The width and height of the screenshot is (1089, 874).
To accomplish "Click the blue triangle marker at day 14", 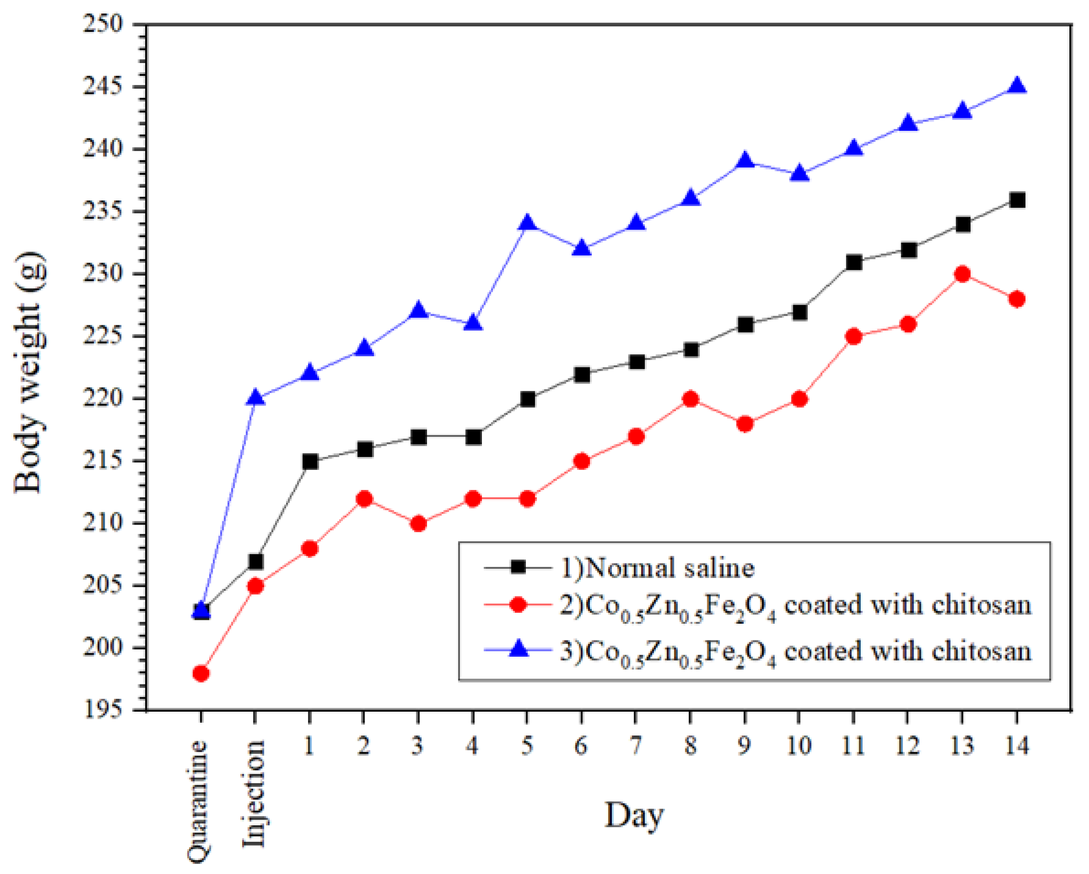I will pyautogui.click(x=1016, y=85).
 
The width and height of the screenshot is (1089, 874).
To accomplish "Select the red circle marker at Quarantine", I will pyautogui.click(x=201, y=673).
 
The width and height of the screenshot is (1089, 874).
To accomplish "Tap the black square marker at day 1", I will pyautogui.click(x=310, y=461).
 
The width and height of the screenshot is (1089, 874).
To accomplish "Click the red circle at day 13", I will pyautogui.click(x=962, y=274).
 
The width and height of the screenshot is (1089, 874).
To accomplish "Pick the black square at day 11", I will pyautogui.click(x=854, y=262).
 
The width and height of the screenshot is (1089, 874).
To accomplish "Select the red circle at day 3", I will pyautogui.click(x=418, y=524).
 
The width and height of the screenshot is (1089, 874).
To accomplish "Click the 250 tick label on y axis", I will pyautogui.click(x=103, y=24).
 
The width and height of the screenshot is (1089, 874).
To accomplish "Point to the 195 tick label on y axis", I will pyautogui.click(x=103, y=710).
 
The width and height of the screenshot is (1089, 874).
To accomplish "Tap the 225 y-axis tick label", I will pyautogui.click(x=103, y=336).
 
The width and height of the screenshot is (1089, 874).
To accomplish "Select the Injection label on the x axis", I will pyautogui.click(x=254, y=793).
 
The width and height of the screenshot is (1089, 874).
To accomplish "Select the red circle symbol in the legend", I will pyautogui.click(x=518, y=604).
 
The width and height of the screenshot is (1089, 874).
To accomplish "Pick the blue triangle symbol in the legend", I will pyautogui.click(x=518, y=650).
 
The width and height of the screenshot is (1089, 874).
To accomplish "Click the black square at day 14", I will pyautogui.click(x=1016, y=200).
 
